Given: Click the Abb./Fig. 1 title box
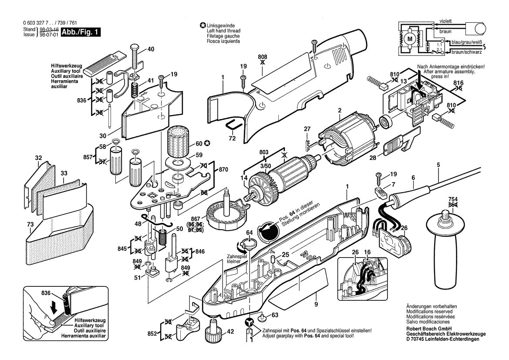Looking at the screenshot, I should pyautogui.click(x=81, y=32).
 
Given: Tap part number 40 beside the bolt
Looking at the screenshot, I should pyautogui.click(x=151, y=49).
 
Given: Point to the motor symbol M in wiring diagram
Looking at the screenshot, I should pyautogui.click(x=409, y=38).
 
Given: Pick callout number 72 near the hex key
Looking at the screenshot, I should pyautogui.click(x=232, y=138).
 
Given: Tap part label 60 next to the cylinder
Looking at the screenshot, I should pyautogui.click(x=199, y=143).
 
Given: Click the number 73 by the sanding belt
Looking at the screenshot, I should pyautogui.click(x=30, y=224).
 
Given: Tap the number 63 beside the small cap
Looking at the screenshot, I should pyautogui.click(x=275, y=315).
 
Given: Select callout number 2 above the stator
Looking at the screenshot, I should pyautogui.click(x=339, y=111).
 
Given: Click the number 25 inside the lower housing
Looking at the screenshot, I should pyautogui.click(x=285, y=254).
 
